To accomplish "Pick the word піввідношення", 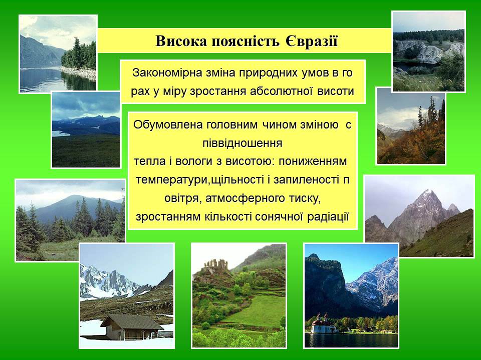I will (x=243, y=143).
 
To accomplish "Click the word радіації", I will (x=328, y=217).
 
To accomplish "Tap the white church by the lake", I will (x=321, y=325).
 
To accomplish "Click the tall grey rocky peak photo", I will (x=419, y=216).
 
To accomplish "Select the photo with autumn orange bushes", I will (x=411, y=126).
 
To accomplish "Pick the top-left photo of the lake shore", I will (x=58, y=53).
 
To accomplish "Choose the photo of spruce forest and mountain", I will (x=70, y=220).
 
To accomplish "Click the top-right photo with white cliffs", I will (x=428, y=51).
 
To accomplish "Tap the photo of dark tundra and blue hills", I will (x=86, y=129).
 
